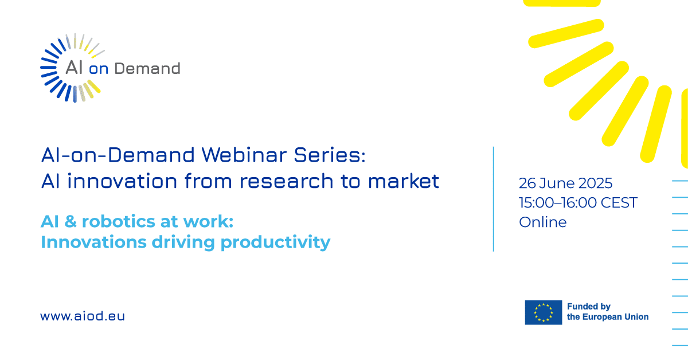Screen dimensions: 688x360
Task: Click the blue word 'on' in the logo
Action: point(99,69)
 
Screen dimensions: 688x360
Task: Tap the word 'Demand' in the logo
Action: point(147,68)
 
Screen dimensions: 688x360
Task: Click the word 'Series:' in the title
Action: point(330,155)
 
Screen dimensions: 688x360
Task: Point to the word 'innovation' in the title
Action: point(122,181)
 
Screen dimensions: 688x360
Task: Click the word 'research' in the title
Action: point(286,181)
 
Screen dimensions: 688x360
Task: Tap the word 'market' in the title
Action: point(404,181)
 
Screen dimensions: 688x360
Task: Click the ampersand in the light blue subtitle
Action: point(71,221)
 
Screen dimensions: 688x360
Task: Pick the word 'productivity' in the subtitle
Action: point(276,242)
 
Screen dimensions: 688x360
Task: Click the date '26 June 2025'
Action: point(565,183)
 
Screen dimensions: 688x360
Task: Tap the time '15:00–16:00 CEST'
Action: point(578,203)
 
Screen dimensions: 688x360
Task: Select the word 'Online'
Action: point(543,222)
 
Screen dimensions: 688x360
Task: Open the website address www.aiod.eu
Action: point(83,316)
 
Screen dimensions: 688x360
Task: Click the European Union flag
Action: point(544,312)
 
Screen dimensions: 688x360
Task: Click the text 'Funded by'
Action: point(588,307)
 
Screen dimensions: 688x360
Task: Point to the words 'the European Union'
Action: point(608,316)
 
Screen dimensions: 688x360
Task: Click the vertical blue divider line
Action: point(494,199)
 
